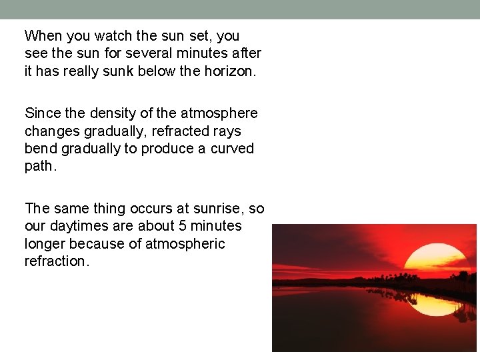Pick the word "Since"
coord(43,113)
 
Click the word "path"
coord(39,165)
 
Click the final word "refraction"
coord(55,261)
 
